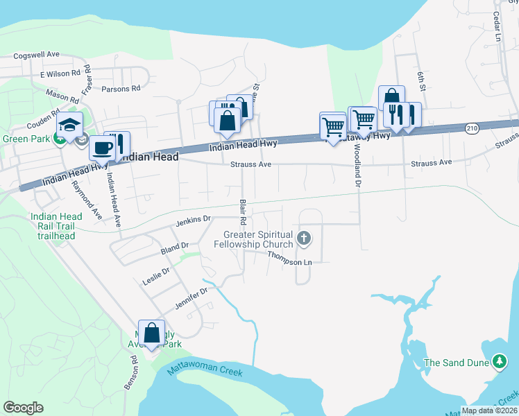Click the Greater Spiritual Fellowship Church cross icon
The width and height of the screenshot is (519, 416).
point(303,239)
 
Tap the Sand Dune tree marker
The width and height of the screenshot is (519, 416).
point(499,361)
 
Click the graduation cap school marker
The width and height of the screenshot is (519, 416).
point(69,126)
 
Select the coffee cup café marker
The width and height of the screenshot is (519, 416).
point(103,148)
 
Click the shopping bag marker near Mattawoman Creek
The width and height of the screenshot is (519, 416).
point(151,333)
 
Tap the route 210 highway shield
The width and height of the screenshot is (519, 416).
point(472,128)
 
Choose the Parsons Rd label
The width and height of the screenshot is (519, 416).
point(121,89)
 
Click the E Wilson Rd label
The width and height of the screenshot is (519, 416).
point(61,73)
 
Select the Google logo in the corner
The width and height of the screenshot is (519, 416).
point(24,408)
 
